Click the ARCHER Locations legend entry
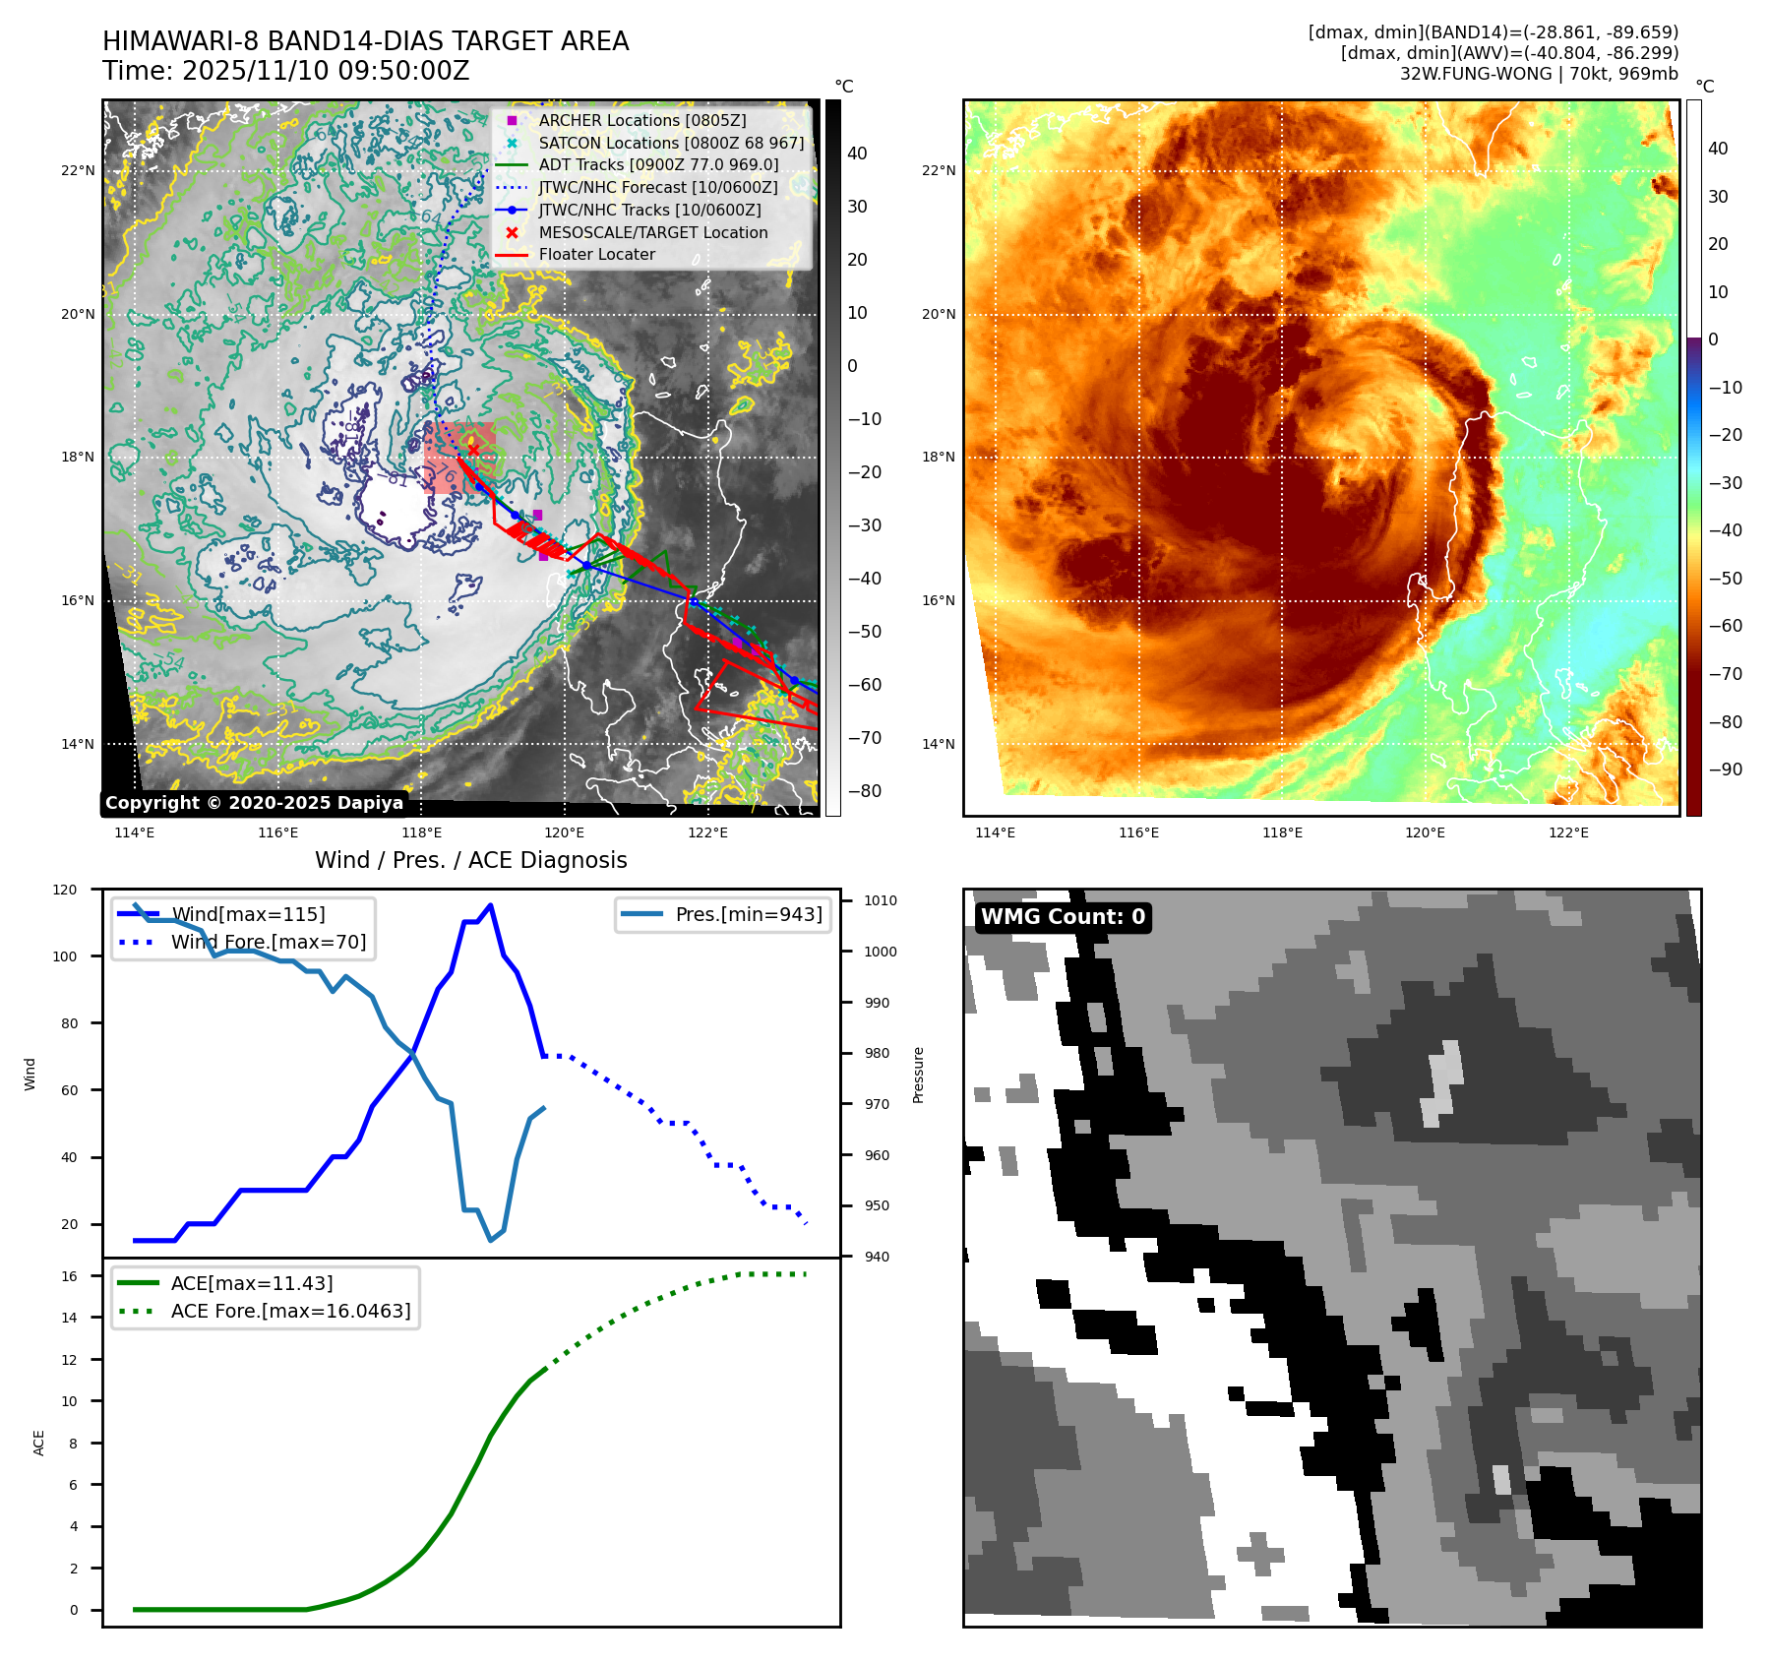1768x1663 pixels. click(641, 120)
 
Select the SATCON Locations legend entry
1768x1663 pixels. click(670, 143)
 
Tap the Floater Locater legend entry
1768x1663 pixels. click(596, 254)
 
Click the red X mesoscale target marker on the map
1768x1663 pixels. click(473, 450)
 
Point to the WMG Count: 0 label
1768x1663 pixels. click(1063, 917)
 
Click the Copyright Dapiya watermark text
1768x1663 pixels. click(254, 803)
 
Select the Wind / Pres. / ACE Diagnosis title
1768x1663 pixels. click(470, 860)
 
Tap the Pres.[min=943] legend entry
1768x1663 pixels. click(748, 914)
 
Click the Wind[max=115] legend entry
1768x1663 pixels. click(248, 914)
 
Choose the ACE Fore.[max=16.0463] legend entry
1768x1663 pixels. click(290, 1311)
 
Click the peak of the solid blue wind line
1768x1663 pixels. click(490, 905)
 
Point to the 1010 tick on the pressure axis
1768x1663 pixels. click(881, 900)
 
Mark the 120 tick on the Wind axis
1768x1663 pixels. click(65, 890)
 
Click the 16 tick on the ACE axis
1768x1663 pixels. click(70, 1276)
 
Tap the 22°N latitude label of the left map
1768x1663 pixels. click(78, 170)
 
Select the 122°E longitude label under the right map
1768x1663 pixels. click(1568, 832)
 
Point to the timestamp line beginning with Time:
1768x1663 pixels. click(285, 71)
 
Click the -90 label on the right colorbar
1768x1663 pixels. click(1725, 770)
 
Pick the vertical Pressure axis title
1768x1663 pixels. click(918, 1075)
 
